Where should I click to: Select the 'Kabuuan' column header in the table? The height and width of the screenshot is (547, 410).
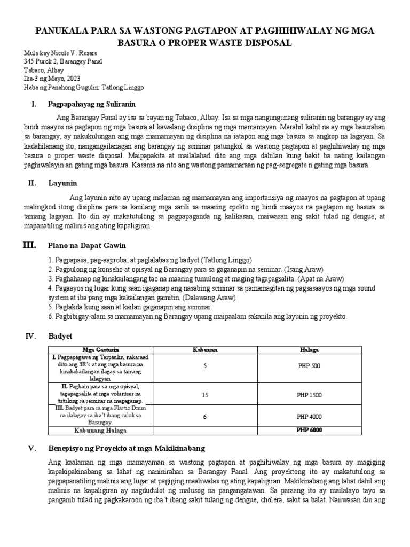(205, 349)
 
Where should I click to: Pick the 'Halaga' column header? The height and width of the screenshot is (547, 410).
(309, 349)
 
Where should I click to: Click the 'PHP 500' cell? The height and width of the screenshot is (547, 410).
(309, 366)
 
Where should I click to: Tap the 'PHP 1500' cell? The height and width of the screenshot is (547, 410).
(309, 395)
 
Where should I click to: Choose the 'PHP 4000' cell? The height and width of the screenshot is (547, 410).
(309, 417)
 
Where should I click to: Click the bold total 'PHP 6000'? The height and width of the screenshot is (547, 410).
(309, 430)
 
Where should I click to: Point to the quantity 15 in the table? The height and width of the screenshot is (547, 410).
(205, 395)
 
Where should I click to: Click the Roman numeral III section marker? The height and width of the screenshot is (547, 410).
(29, 245)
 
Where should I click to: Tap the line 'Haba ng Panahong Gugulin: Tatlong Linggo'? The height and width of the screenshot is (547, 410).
(84, 87)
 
